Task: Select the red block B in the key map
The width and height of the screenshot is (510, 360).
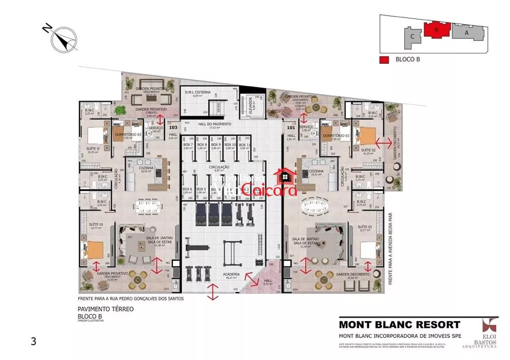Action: (436, 30)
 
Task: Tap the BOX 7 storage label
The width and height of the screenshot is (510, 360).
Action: (188, 145)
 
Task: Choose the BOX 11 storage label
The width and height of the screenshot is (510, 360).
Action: (244, 145)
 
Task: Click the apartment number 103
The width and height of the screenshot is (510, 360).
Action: (173, 127)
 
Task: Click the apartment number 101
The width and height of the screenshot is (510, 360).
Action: (291, 127)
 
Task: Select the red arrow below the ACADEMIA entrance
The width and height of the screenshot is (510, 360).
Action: (213, 292)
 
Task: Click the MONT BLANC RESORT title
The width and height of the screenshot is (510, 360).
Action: (399, 324)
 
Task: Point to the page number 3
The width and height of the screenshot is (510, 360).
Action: (34, 342)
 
